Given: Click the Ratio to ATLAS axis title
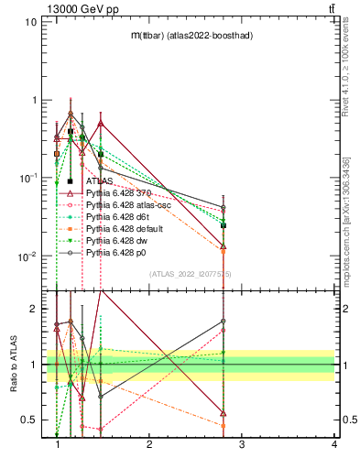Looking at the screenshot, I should click(x=13, y=365).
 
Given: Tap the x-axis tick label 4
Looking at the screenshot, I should click(x=334, y=444).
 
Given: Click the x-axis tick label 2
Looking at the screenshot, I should click(x=149, y=444).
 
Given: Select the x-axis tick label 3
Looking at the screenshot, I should click(x=242, y=444).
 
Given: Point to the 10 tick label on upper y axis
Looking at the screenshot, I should click(x=29, y=21).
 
